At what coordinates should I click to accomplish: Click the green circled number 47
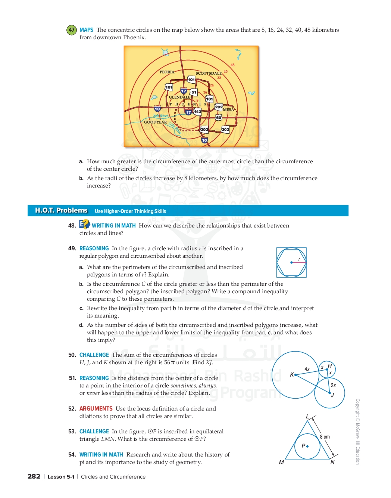click(71, 30)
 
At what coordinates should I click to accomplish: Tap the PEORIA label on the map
click(167, 72)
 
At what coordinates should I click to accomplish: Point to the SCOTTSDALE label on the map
click(209, 73)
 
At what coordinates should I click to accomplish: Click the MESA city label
click(229, 109)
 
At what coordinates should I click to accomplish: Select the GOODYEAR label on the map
click(155, 122)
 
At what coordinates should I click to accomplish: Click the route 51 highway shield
click(194, 92)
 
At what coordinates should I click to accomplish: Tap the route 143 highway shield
click(197, 112)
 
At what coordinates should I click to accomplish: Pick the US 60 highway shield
click(218, 118)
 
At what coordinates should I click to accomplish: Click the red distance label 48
click(232, 65)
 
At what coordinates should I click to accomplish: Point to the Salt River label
click(160, 115)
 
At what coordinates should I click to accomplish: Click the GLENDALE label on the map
click(179, 97)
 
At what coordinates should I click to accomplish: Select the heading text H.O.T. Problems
click(61, 210)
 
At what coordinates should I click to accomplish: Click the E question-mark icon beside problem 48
click(84, 224)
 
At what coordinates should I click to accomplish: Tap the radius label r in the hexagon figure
click(299, 259)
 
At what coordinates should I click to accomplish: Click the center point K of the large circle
click(295, 375)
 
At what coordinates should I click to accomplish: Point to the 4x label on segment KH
click(307, 369)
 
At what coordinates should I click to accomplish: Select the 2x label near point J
click(333, 385)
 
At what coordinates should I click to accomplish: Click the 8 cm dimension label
click(325, 437)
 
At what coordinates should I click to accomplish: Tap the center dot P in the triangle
click(307, 446)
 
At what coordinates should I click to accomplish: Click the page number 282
click(34, 476)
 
